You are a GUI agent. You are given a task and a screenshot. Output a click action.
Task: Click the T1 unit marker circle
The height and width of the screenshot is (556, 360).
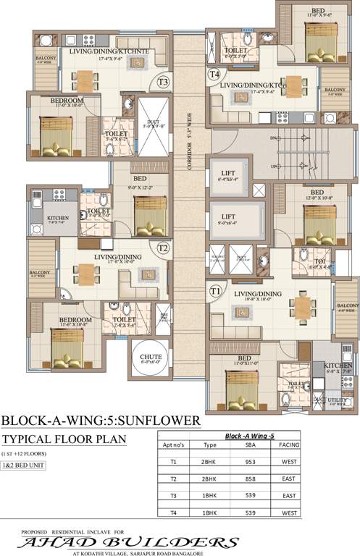click(215, 291)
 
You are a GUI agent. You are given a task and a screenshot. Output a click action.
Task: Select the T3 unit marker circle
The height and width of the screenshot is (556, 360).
click(164, 83)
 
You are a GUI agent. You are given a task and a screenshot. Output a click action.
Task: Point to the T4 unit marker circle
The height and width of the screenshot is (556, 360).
click(214, 74)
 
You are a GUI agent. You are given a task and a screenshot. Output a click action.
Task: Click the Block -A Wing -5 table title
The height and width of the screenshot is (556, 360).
click(251, 437)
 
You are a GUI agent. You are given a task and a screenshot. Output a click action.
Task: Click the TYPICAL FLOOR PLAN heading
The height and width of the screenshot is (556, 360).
click(64, 439)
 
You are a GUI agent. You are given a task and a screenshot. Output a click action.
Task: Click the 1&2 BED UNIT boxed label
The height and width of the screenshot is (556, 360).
click(23, 466)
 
